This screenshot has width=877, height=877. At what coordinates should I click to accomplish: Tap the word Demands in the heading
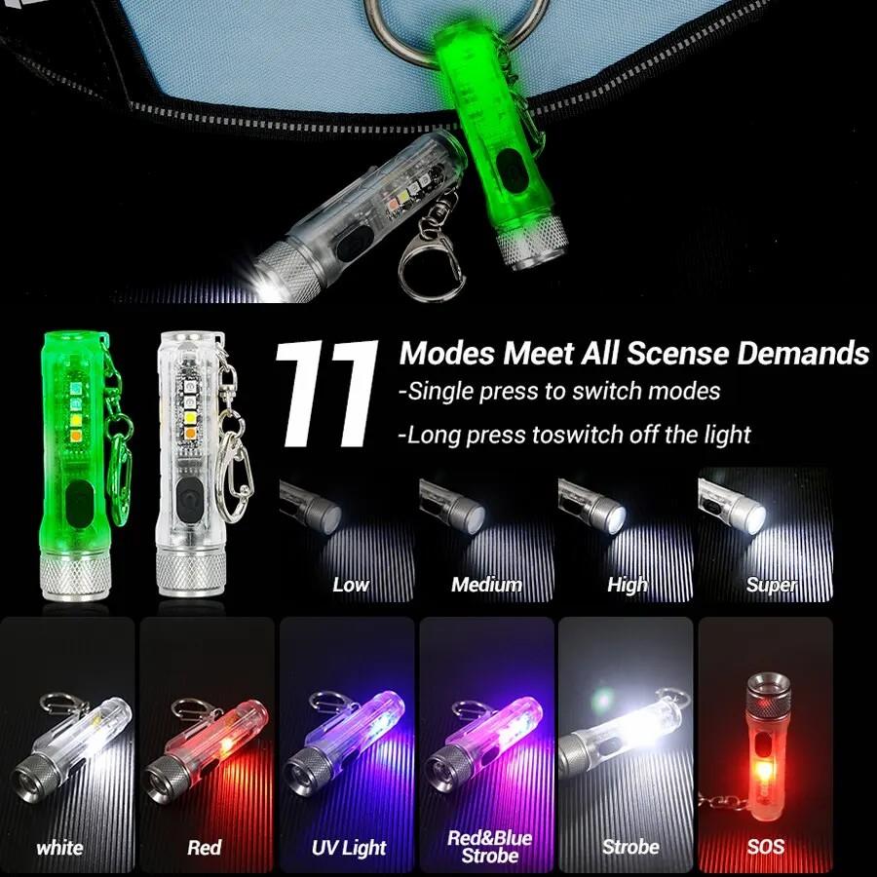pyautogui.click(x=803, y=353)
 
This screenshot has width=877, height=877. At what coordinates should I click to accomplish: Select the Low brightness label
pyautogui.click(x=351, y=585)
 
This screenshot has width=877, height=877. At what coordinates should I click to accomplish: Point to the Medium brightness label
pyautogui.click(x=486, y=585)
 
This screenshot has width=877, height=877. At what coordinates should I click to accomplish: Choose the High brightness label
pyautogui.click(x=627, y=585)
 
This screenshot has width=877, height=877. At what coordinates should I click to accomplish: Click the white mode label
pyautogui.click(x=59, y=848)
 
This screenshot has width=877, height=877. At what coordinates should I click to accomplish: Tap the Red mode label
pyautogui.click(x=205, y=848)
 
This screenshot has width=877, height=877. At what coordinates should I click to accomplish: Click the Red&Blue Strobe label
pyautogui.click(x=490, y=847)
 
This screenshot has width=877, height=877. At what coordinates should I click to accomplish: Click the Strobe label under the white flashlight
pyautogui.click(x=630, y=848)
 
